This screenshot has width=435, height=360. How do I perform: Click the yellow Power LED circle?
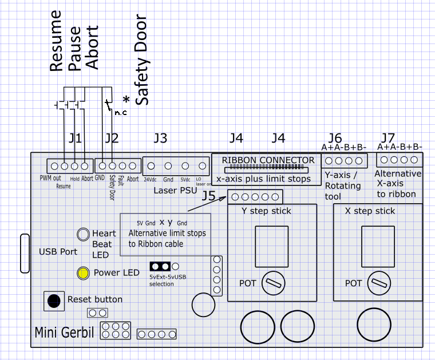(83, 273)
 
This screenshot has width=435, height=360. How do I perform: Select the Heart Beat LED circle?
(84, 234)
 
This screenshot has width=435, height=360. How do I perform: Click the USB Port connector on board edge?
(24, 253)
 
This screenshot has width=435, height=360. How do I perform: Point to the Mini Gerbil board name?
(64, 333)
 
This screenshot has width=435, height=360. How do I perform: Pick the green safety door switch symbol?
(105, 105)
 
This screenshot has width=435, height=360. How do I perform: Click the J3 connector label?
(160, 138)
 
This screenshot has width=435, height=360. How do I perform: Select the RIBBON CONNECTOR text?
(268, 160)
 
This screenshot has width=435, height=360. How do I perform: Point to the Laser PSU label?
(175, 190)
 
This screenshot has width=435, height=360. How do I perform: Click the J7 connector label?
(387, 137)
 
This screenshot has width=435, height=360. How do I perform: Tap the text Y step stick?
(266, 211)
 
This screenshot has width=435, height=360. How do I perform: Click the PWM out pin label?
(50, 179)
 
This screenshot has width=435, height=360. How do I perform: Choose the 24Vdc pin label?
(151, 179)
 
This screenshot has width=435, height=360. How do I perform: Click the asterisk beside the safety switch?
(125, 100)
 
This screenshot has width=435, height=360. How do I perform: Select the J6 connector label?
(335, 137)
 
